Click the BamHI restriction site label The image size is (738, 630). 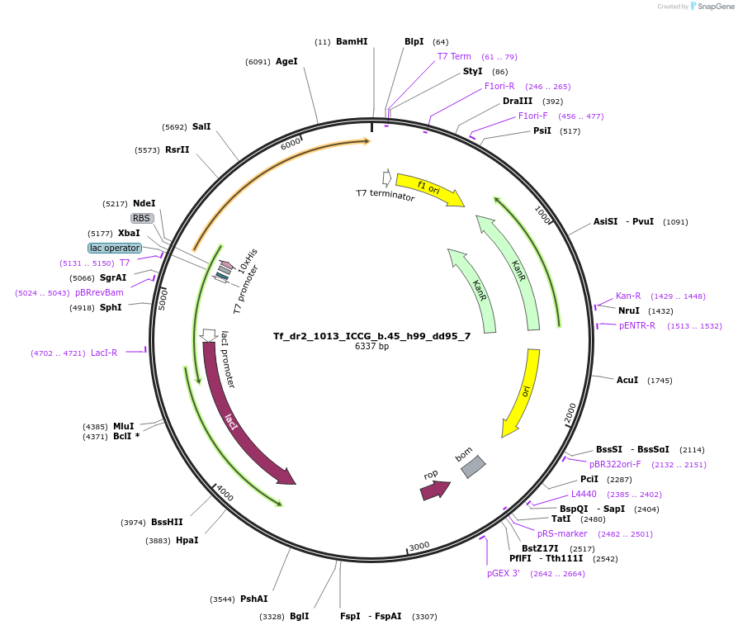tap(352, 41)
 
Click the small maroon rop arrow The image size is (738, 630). tap(435, 490)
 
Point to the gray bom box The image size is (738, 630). tap(473, 467)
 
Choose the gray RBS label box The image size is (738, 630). tap(142, 218)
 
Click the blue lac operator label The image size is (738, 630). tap(115, 248)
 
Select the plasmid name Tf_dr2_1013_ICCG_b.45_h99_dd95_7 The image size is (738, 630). tap(371, 336)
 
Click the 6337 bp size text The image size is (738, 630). tap(371, 346)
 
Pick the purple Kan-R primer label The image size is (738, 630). tap(628, 296)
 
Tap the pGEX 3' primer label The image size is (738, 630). tap(503, 574)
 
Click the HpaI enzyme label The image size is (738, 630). tap(187, 540)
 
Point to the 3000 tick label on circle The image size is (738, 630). tap(419, 546)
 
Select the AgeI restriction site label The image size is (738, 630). tap(286, 61)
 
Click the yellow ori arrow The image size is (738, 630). tap(523, 391)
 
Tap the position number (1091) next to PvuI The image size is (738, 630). tap(675, 222)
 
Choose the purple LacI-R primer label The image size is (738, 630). tap(104, 353)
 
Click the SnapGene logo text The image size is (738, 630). tap(716, 6)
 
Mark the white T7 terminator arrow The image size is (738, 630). tap(387, 178)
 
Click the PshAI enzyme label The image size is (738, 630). tap(254, 599)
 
